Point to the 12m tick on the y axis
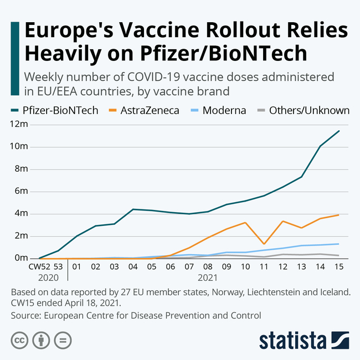pyautogui.click(x=18, y=124)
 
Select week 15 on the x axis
pyautogui.click(x=338, y=267)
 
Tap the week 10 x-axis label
pyautogui.click(x=245, y=267)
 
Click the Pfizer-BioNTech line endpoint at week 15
pyautogui.click(x=338, y=131)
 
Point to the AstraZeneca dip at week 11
pyautogui.click(x=264, y=244)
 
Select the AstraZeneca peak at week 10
pyautogui.click(x=245, y=223)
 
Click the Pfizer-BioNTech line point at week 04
pyautogui.click(x=132, y=209)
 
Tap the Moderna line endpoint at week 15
pyautogui.click(x=338, y=244)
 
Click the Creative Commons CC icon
pyautogui.click(x=19, y=340)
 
